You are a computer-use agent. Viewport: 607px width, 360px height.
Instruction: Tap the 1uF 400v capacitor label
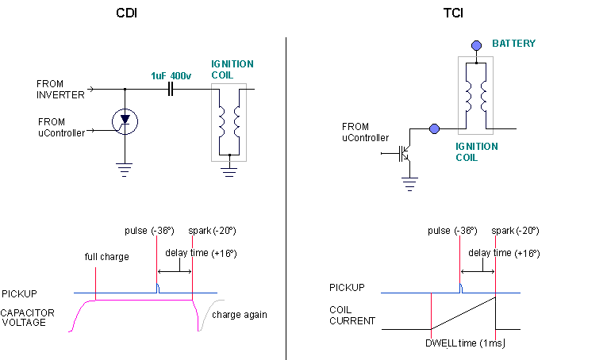171,75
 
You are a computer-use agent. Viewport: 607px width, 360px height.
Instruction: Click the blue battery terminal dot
476,44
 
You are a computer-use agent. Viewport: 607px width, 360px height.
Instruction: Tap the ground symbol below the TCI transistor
409,185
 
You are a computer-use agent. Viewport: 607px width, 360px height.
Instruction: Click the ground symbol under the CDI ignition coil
229,169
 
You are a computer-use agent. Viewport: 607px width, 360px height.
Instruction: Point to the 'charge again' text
240,314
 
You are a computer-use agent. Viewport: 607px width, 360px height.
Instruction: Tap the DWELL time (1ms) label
465,342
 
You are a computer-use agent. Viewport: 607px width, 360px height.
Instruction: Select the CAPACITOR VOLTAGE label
28,318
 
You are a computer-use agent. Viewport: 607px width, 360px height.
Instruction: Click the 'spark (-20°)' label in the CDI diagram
212,231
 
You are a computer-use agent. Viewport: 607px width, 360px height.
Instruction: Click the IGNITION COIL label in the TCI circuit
477,151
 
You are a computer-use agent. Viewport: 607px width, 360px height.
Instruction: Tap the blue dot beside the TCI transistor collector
434,128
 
